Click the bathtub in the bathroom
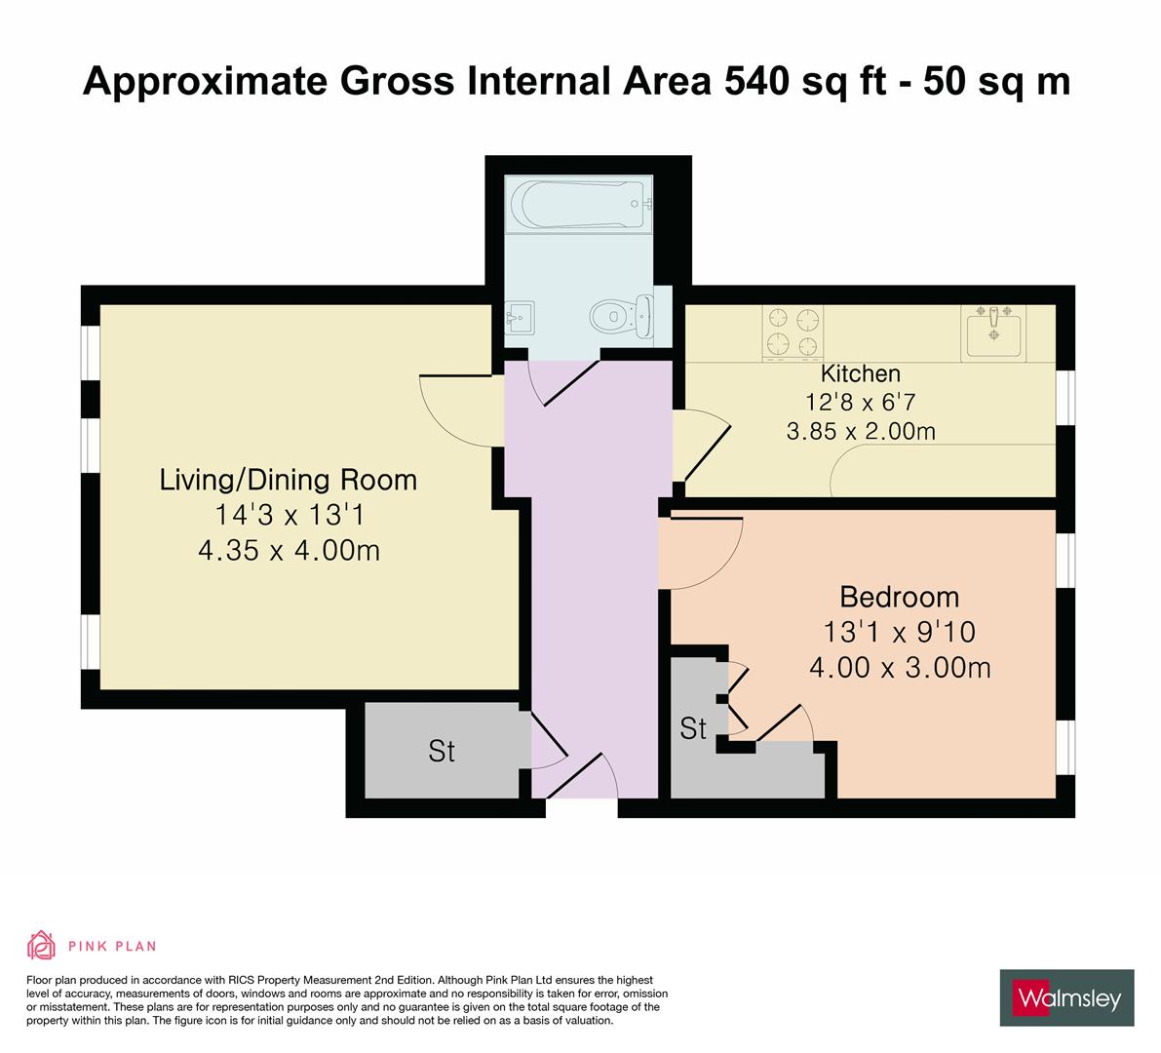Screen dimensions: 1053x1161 [578, 203]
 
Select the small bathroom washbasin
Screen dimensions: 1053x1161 [518, 316]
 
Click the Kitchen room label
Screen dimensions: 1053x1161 [860, 373]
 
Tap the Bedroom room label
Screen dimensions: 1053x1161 [899, 597]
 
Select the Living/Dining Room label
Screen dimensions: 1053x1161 [289, 480]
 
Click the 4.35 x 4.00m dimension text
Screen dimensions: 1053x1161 [289, 551]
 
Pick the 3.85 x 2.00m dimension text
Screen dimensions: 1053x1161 [860, 430]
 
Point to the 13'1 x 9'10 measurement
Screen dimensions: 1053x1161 [899, 633]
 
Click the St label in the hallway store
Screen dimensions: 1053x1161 [442, 752]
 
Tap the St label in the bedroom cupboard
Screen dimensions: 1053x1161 [693, 728]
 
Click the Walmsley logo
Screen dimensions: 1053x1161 [1067, 997]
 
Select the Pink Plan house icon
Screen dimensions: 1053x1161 [41, 945]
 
